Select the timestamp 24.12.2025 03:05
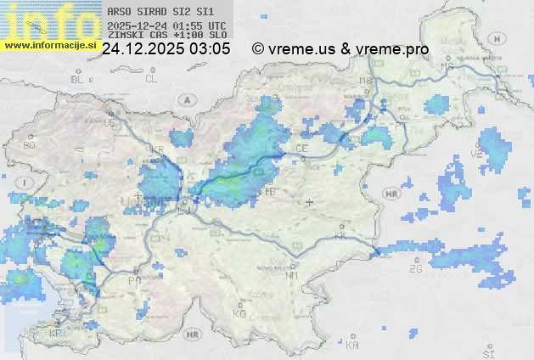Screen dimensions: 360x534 coord(166,49)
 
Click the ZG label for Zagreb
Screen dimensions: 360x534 coord(416,268)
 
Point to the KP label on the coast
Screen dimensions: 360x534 coord(56,334)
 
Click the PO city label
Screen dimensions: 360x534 coord(134,279)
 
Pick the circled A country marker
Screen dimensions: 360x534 coord(185,99)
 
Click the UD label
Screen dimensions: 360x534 coord(109,122)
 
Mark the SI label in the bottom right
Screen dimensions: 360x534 coord(487,352)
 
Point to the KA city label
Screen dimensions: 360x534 coord(352,345)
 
